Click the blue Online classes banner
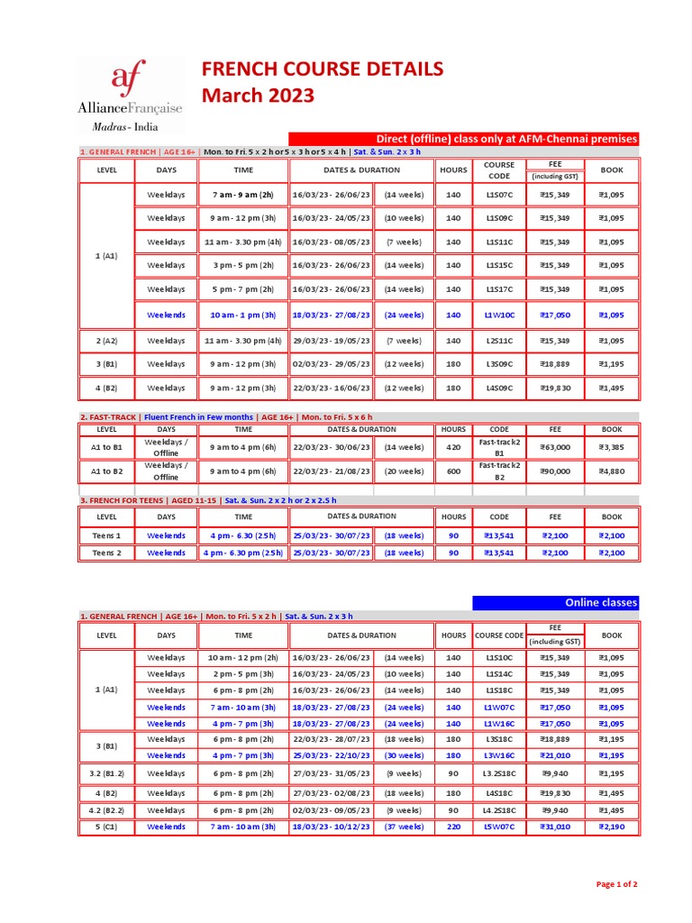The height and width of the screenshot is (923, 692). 556,602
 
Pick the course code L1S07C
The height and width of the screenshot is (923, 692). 499,195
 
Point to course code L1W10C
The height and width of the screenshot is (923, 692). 499,315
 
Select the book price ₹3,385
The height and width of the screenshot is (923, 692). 612,447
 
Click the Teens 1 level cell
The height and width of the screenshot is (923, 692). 106,535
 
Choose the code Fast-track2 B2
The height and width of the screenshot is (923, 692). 499,471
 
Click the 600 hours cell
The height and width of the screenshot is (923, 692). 453,471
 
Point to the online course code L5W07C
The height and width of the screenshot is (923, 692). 499,827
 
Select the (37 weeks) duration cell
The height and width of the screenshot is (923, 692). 404,827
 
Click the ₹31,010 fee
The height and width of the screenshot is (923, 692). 555,827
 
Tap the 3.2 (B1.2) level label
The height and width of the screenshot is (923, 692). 106,773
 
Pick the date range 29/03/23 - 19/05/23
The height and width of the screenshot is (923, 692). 331,341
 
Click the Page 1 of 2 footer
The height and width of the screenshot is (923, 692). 617,884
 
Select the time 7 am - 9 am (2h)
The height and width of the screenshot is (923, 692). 243,195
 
